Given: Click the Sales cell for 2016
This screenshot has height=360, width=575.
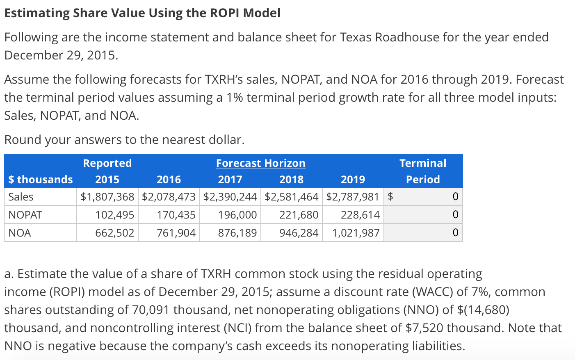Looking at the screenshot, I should [x=169, y=197].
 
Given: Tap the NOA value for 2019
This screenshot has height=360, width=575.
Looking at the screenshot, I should [x=356, y=233].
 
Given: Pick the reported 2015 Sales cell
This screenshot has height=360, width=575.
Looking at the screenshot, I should [x=107, y=197].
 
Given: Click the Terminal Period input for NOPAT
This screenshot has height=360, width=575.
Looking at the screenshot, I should [x=423, y=215].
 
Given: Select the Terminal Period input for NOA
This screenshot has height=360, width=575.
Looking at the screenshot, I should [x=423, y=233].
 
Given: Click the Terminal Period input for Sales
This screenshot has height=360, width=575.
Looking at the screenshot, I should [x=427, y=197].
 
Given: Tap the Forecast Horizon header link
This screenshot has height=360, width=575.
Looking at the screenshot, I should [x=261, y=163].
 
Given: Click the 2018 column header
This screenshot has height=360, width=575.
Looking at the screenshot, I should [x=291, y=180].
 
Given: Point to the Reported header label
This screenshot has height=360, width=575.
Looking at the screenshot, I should [x=107, y=163].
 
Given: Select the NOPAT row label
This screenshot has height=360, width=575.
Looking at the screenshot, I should [x=25, y=215].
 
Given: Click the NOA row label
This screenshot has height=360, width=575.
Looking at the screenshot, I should [x=20, y=233].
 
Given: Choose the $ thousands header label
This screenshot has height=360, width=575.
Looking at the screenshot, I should [x=41, y=180].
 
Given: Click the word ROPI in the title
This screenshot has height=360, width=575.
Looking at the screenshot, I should [x=225, y=13].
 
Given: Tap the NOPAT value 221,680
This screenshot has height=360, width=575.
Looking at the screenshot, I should [x=299, y=215].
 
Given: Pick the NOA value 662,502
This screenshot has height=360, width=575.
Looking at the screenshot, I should [x=114, y=233].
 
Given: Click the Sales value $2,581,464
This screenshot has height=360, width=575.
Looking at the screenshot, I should [x=291, y=197].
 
